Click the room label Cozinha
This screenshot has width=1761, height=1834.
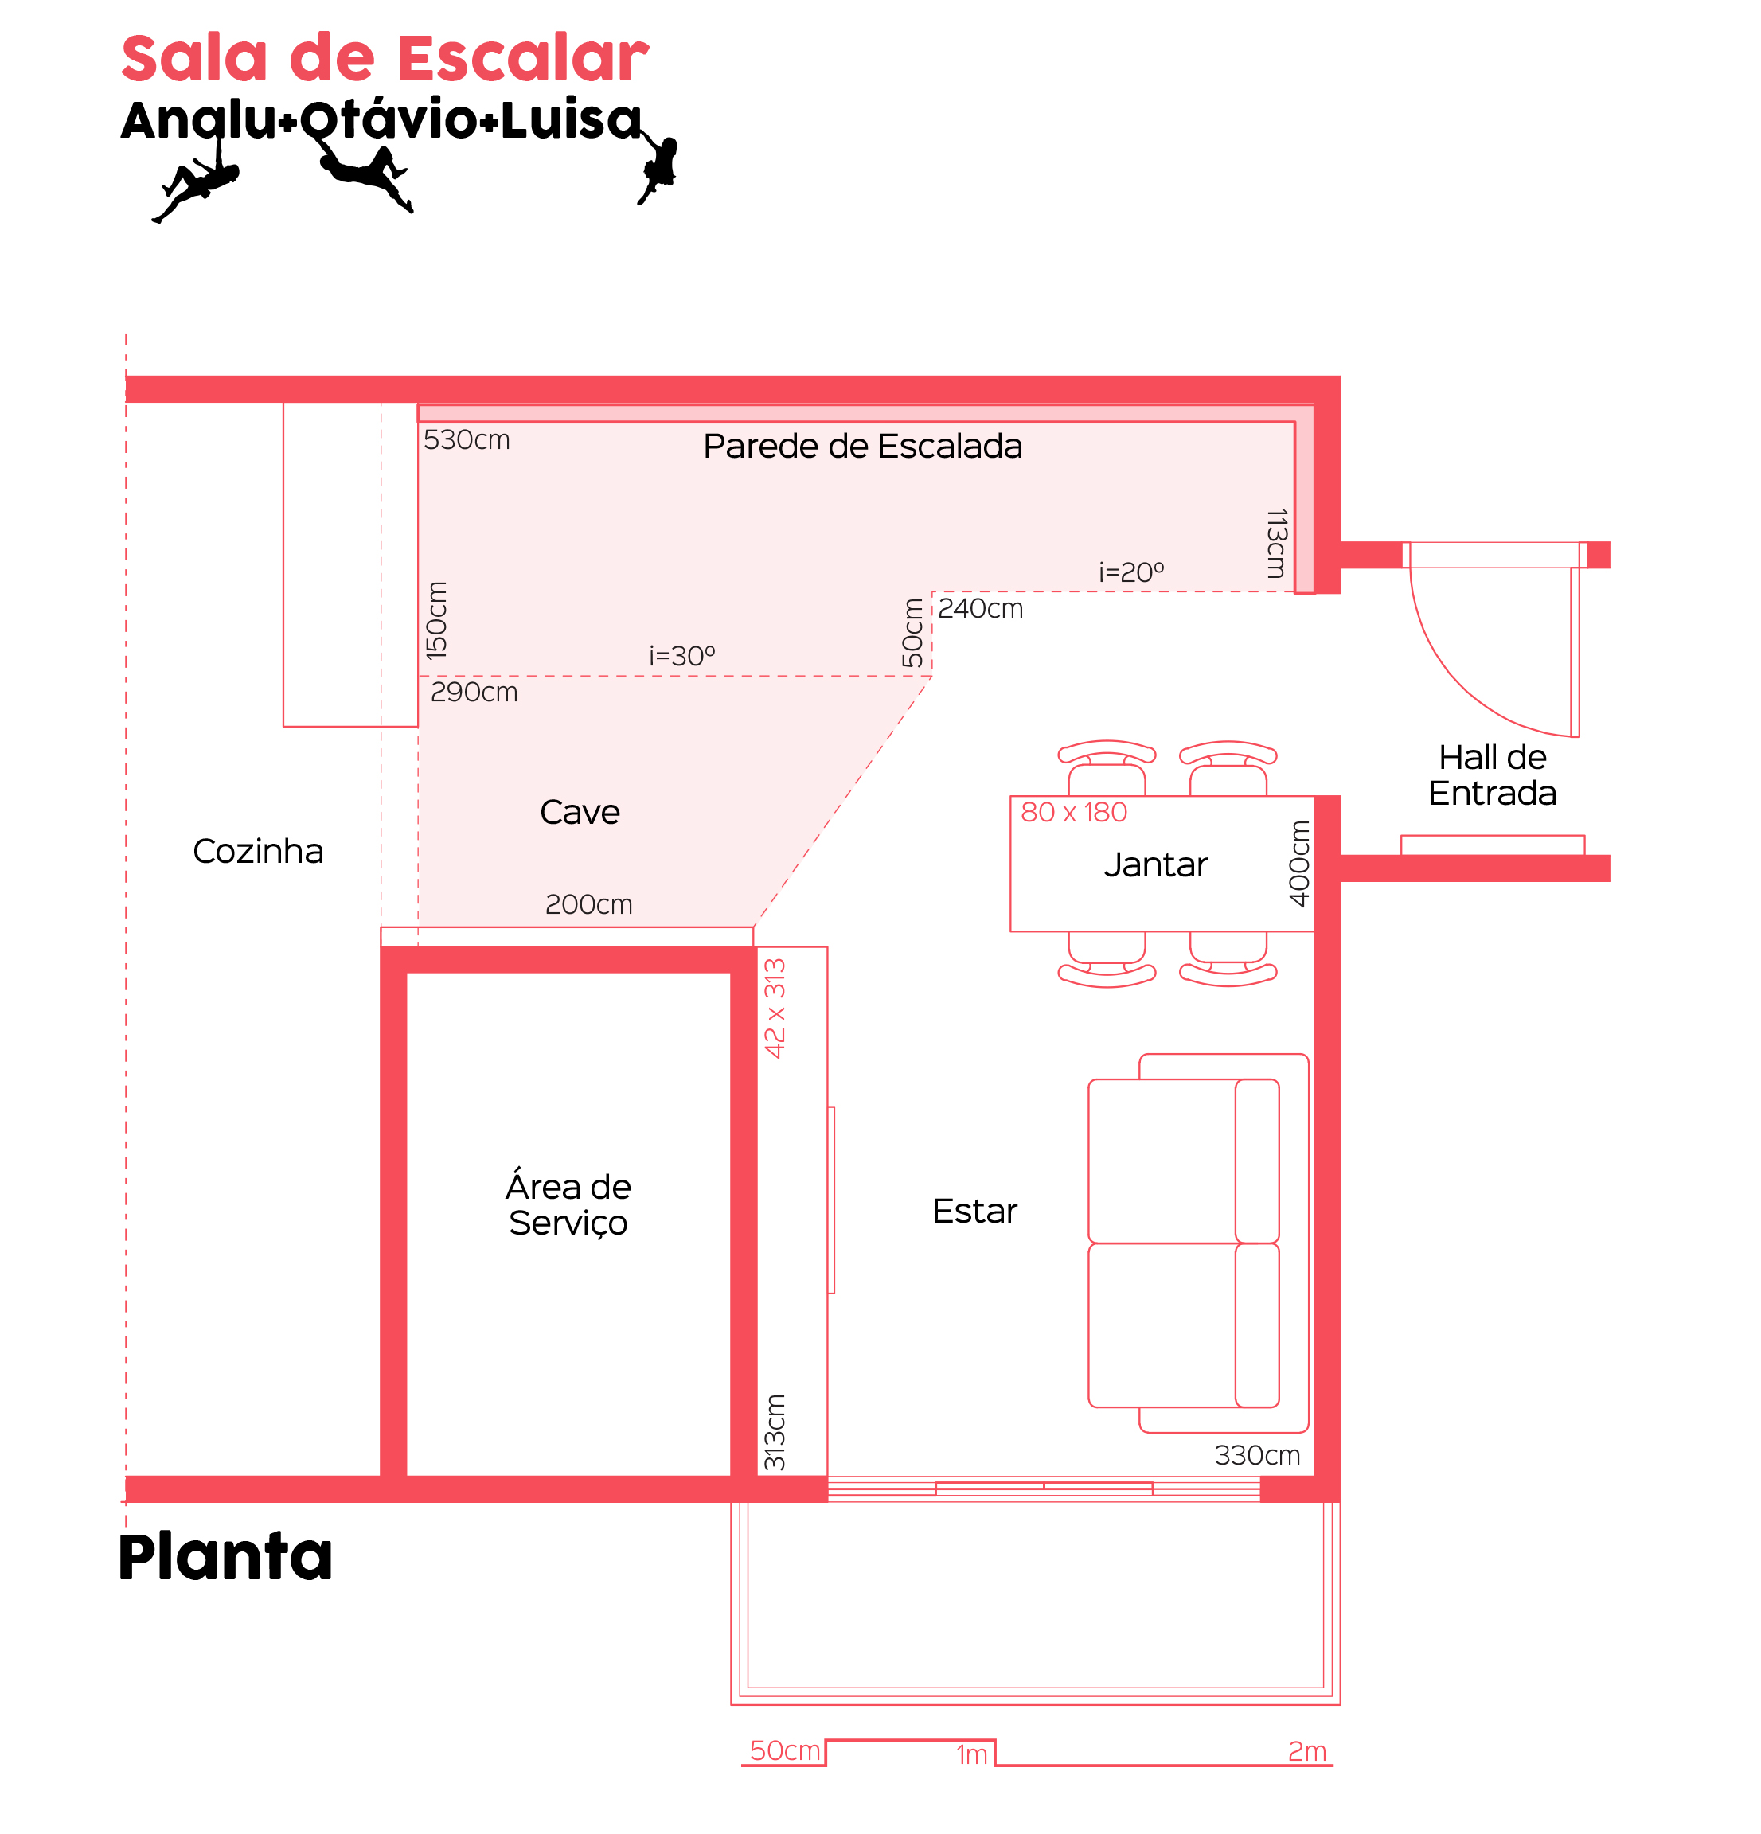pyautogui.click(x=258, y=852)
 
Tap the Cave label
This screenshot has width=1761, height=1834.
pyautogui.click(x=580, y=812)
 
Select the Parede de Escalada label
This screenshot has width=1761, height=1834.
pyautogui.click(x=863, y=447)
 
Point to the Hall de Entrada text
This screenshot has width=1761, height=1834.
pyautogui.click(x=1493, y=775)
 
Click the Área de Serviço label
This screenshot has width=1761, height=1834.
pyautogui.click(x=568, y=1205)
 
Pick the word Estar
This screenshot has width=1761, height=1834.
pyautogui.click(x=975, y=1212)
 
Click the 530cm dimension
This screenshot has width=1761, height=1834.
pyautogui.click(x=467, y=439)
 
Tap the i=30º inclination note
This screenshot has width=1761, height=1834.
pyautogui.click(x=682, y=656)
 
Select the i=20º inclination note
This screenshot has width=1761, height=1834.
pyautogui.click(x=1131, y=572)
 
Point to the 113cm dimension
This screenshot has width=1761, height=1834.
pyautogui.click(x=1277, y=544)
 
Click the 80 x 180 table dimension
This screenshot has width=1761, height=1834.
pyautogui.click(x=1074, y=812)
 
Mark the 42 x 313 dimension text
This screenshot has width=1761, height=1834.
pyautogui.click(x=775, y=1009)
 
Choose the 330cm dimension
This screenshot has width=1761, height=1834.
pyautogui.click(x=1258, y=1456)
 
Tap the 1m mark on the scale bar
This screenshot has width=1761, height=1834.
pyautogui.click(x=972, y=1754)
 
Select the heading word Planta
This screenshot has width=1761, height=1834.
pyautogui.click(x=225, y=1557)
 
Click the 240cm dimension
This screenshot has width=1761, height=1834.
pyautogui.click(x=981, y=609)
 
